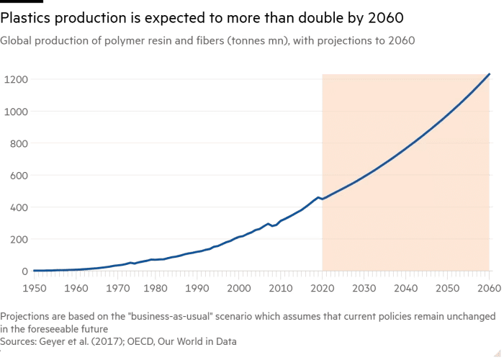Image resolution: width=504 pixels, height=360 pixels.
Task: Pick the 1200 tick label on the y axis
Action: tap(16, 80)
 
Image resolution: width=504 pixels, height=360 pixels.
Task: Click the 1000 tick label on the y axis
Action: tap(16, 112)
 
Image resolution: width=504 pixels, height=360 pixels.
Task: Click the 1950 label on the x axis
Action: tap(34, 288)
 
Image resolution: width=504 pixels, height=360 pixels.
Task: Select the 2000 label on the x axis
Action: tap(239, 288)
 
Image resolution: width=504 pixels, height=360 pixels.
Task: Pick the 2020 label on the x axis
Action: tap(323, 288)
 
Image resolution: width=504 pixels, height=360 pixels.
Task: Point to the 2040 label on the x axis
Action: tap(406, 288)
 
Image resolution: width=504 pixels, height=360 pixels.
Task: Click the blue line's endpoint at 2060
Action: tap(490, 73)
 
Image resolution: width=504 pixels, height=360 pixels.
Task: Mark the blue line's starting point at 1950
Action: tap(34, 271)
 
